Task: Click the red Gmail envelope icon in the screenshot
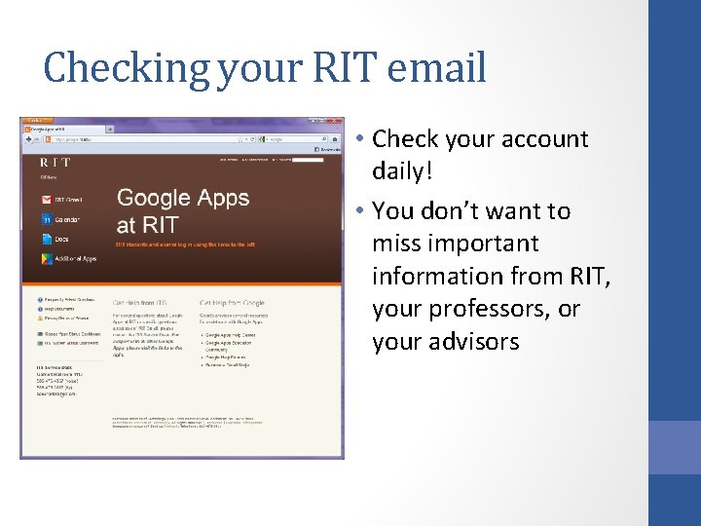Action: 46,199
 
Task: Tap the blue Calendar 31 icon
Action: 46,219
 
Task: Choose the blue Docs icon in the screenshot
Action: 46,239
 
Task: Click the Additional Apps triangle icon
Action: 46,258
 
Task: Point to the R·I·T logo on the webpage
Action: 55,162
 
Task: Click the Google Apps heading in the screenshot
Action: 182,198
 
